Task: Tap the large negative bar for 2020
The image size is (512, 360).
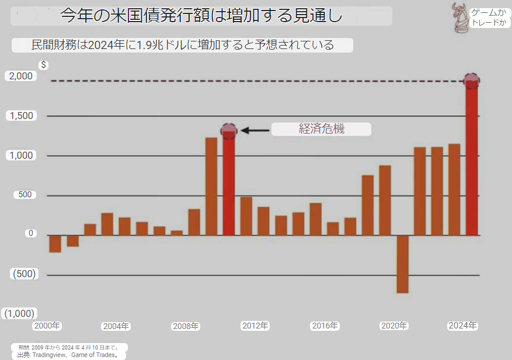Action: [402, 264]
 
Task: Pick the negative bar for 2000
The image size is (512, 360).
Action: [55, 243]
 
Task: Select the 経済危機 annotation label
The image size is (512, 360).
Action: [321, 130]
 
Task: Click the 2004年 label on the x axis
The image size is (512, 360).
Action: [116, 326]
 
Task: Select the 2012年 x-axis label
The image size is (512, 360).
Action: [255, 326]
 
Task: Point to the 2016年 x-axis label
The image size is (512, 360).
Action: [325, 326]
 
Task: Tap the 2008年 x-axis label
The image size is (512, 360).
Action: [185, 326]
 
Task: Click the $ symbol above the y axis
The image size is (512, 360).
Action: [44, 65]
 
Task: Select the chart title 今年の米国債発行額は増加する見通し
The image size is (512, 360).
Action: [201, 16]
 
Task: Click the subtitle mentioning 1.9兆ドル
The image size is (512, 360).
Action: [182, 45]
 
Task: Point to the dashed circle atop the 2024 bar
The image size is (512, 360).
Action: [472, 81]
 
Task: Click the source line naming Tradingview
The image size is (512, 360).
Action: [68, 355]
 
